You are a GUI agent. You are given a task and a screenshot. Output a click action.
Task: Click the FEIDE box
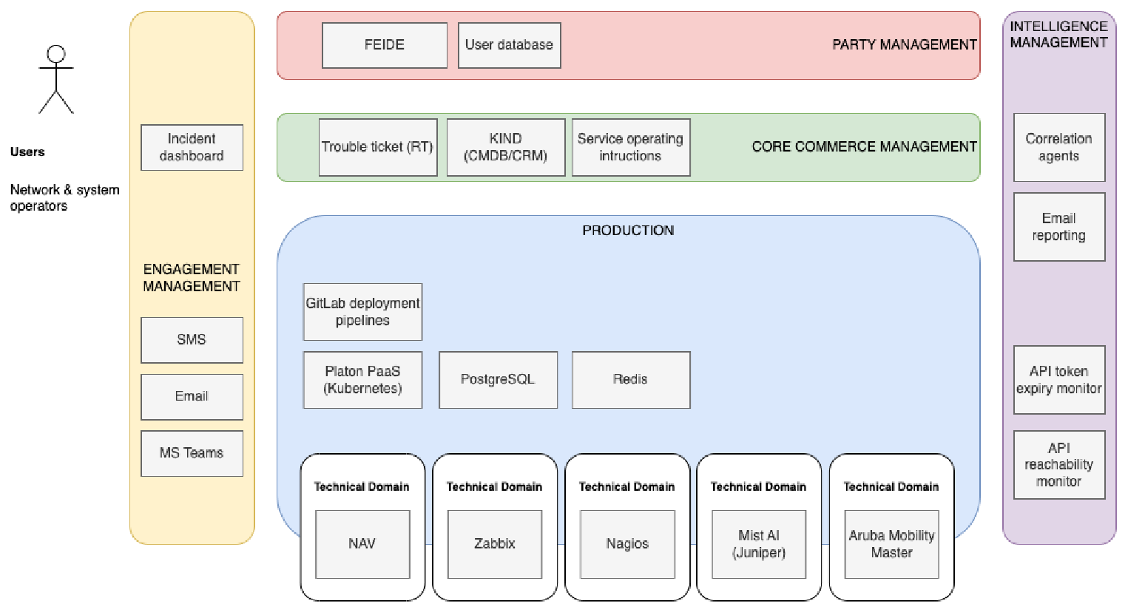tap(385, 45)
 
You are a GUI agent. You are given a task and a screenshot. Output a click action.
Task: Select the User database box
tap(509, 45)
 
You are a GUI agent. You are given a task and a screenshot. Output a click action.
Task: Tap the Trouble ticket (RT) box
tap(378, 147)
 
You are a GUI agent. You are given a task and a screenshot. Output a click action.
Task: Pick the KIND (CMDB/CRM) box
tap(505, 147)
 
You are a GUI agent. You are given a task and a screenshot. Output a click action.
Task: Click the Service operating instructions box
tap(631, 147)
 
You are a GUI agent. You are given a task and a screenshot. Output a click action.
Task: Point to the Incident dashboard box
tap(192, 147)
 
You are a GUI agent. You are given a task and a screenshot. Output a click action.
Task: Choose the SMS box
tap(192, 340)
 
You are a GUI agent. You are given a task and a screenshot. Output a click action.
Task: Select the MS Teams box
tap(192, 453)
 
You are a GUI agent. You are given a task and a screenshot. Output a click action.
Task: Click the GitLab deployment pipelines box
tap(362, 312)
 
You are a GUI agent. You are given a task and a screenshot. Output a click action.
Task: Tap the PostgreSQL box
tap(498, 380)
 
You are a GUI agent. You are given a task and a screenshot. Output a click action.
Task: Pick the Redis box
tap(631, 380)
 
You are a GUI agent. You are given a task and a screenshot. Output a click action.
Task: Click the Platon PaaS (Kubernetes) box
tap(362, 380)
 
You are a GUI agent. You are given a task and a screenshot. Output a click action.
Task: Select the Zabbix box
tap(494, 544)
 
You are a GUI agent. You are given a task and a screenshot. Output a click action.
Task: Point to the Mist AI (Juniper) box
tap(759, 544)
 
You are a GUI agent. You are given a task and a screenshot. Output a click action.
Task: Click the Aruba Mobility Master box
tap(891, 544)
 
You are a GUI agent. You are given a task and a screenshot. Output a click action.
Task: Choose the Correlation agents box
tap(1059, 147)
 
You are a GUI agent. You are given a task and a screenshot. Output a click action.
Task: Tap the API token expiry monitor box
tap(1059, 380)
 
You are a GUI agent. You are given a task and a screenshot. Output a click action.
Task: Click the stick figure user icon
tap(56, 79)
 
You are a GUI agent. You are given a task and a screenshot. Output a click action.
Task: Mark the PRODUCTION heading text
tap(628, 231)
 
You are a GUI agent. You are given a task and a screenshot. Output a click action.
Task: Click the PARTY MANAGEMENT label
tap(905, 45)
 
